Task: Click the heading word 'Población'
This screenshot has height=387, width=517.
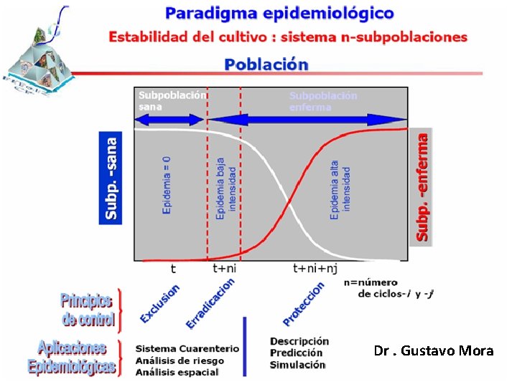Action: click(x=266, y=64)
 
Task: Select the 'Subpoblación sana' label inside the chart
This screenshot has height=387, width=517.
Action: click(x=172, y=100)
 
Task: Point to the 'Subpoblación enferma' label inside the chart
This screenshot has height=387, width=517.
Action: click(x=323, y=100)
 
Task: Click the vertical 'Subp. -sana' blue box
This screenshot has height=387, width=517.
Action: click(x=111, y=176)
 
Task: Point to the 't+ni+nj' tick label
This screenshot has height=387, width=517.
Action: click(x=315, y=269)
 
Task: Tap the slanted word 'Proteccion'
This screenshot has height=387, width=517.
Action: click(x=303, y=302)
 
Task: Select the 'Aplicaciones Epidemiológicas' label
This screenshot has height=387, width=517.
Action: click(x=71, y=358)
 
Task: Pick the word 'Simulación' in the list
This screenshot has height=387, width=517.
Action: click(x=297, y=365)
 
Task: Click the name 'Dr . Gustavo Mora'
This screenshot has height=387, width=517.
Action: click(x=434, y=351)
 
